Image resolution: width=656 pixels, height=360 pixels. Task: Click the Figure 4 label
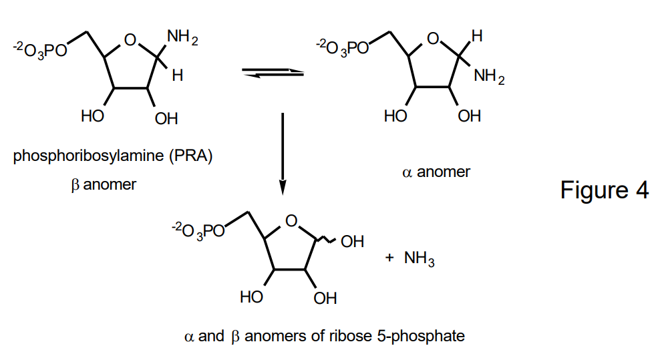coord(604,190)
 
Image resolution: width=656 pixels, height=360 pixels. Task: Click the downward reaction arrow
coord(283,154)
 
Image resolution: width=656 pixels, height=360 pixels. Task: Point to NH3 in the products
coord(419,258)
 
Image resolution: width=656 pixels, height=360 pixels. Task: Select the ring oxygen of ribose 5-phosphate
coord(291,220)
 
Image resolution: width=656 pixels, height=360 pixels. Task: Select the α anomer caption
coord(436,172)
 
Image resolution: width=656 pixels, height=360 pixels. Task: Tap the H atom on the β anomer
coord(176,76)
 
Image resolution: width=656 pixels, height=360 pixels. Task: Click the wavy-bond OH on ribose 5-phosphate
coord(351,241)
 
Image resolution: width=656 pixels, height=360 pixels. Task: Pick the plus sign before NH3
coord(389,258)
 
